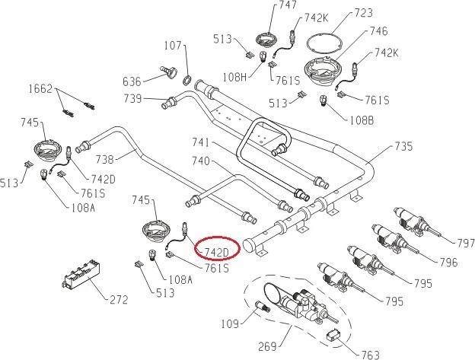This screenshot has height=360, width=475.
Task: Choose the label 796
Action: pos(448,263)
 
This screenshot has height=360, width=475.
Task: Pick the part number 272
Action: pos(118,299)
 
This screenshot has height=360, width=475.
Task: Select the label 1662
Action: pos(40,89)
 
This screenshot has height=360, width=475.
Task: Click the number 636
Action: pos(132,81)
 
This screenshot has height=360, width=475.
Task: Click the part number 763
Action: pos(370,354)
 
